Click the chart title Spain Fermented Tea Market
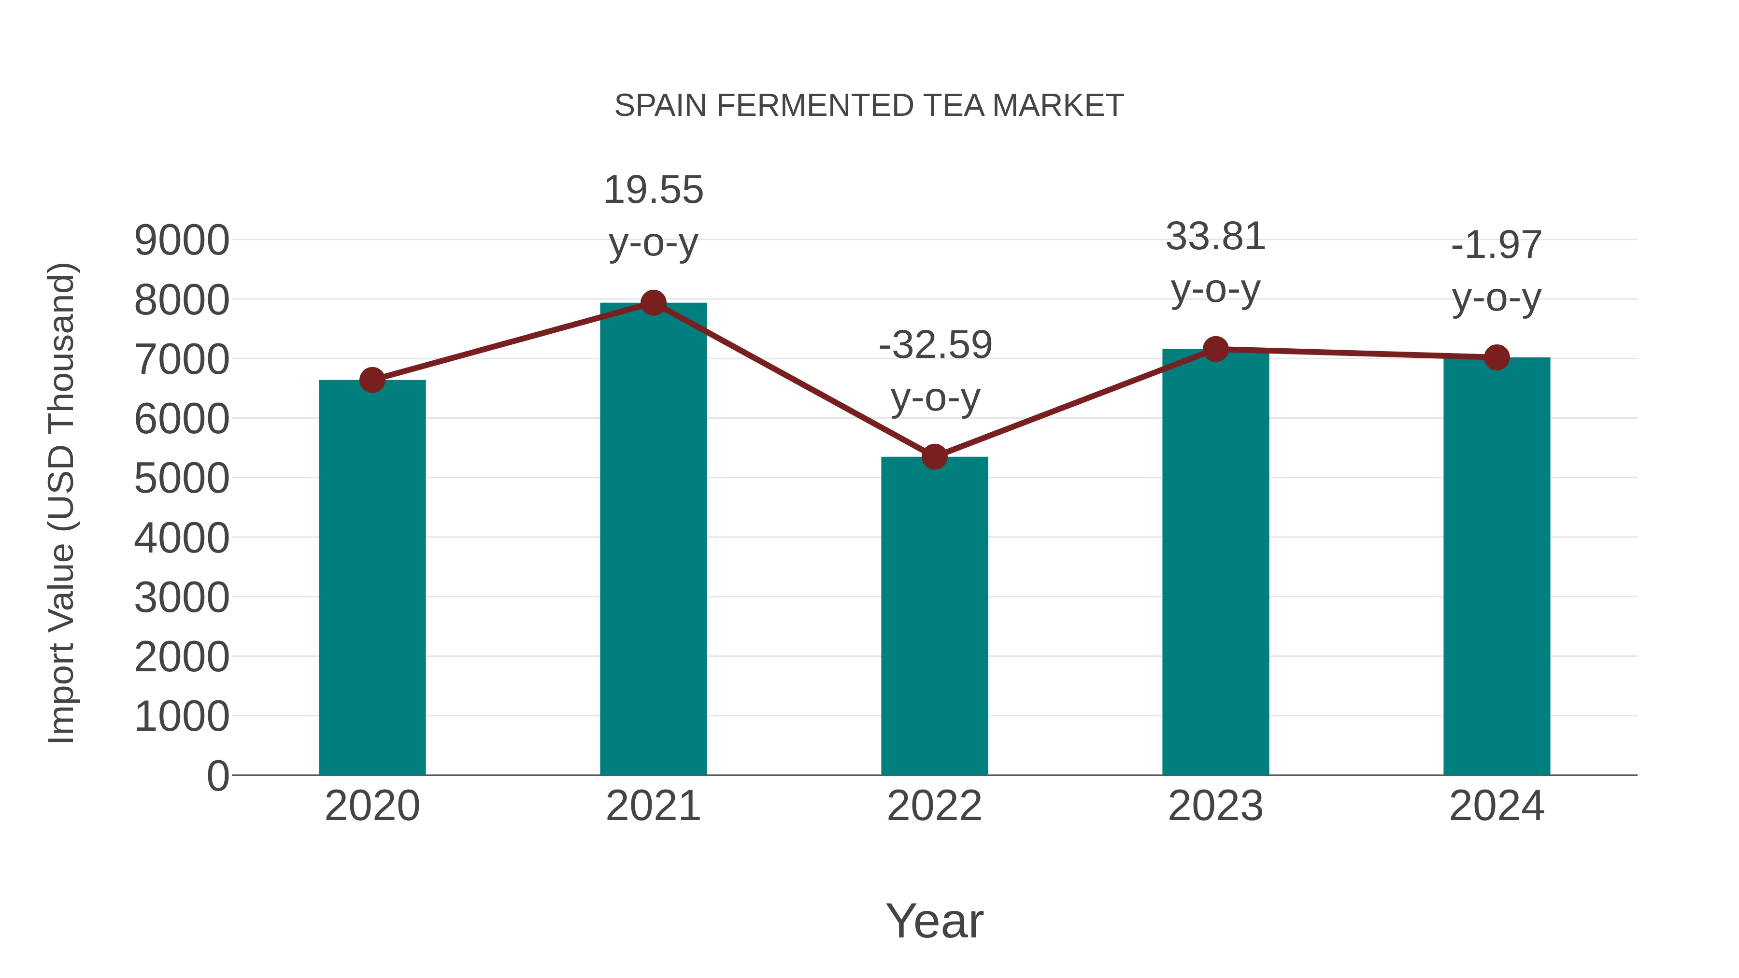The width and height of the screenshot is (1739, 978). [x=869, y=106]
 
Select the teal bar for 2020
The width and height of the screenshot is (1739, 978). [x=372, y=581]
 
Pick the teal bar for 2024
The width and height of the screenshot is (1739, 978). [x=1497, y=567]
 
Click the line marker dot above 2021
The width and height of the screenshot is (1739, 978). [x=653, y=303]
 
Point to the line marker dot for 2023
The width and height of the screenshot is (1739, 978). [x=1215, y=349]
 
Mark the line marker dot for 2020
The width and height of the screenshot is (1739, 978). [x=372, y=381]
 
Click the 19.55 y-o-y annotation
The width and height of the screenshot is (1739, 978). [x=653, y=216]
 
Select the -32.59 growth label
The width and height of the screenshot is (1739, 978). [x=935, y=371]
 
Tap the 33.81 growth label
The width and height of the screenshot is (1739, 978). [x=1215, y=263]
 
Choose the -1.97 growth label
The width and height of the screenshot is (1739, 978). [x=1497, y=271]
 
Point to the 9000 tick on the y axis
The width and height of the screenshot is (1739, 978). [x=182, y=241]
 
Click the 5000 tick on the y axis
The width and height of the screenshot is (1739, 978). [x=182, y=479]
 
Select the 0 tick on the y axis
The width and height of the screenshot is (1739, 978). [x=218, y=776]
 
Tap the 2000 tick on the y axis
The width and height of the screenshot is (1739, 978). [x=182, y=657]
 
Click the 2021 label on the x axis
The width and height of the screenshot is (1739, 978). [x=653, y=806]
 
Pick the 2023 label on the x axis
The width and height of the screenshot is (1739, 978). [x=1215, y=806]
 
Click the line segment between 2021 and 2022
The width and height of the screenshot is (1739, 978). [x=793, y=380]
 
